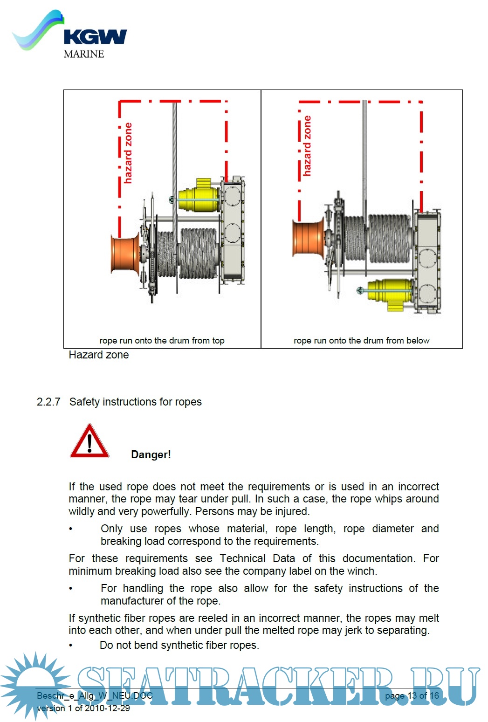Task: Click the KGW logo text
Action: [95, 37]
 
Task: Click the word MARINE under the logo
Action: [84, 54]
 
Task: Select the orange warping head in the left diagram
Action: [124, 254]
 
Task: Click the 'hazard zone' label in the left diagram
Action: [127, 153]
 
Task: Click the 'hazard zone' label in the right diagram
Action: [306, 146]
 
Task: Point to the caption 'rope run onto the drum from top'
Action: [162, 341]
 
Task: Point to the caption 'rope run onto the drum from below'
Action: [361, 341]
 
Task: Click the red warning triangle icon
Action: [89, 441]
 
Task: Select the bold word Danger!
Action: [151, 454]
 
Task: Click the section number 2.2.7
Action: [48, 402]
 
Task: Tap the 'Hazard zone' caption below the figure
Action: [98, 355]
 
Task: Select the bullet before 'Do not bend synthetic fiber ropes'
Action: [71, 646]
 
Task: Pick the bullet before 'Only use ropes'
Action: [71, 529]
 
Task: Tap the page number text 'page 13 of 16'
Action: [412, 696]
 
